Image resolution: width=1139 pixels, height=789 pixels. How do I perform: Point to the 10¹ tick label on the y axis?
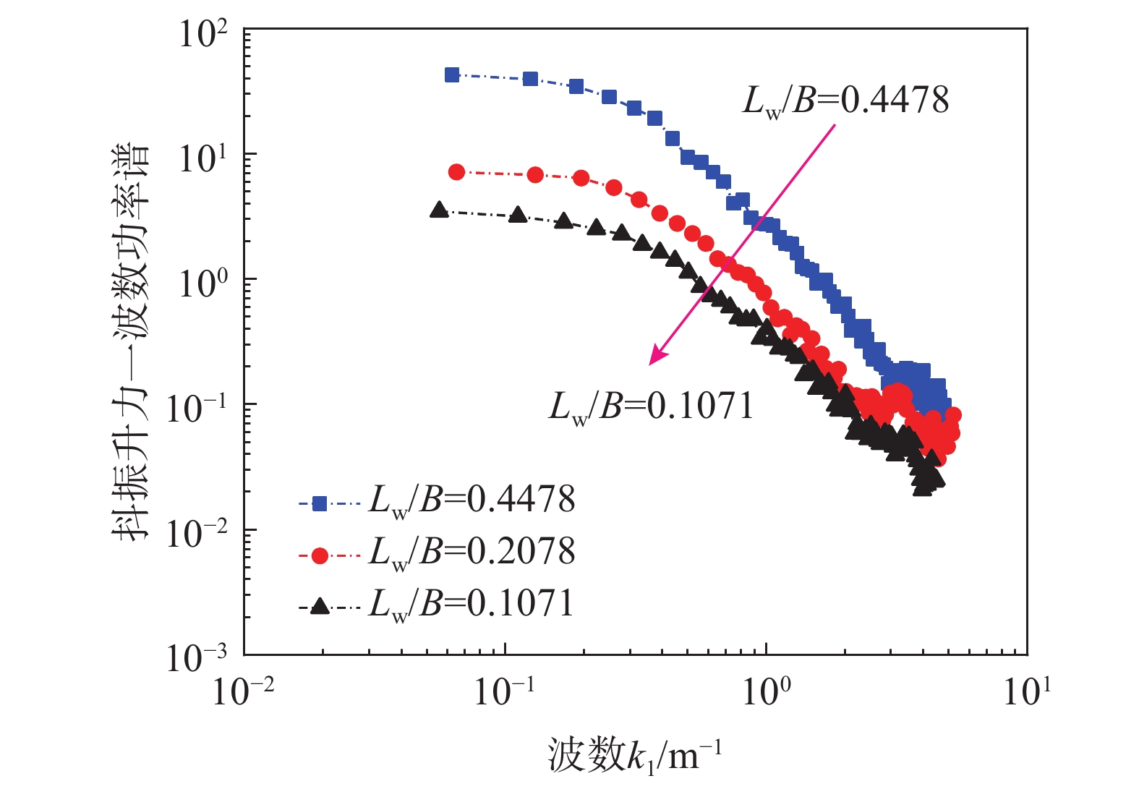tap(203, 158)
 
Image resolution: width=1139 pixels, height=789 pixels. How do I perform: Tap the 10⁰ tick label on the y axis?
tap(203, 283)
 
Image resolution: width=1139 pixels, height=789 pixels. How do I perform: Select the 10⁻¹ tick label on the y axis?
tap(196, 409)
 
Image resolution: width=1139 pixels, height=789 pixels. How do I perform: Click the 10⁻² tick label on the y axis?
tap(196, 534)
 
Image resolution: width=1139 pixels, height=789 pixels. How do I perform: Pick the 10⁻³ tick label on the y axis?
tap(196, 658)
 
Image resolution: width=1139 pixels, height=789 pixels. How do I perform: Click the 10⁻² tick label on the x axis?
tap(243, 691)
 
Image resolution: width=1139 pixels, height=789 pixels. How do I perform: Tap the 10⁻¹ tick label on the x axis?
tap(504, 691)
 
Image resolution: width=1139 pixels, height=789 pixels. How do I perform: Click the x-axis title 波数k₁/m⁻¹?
tap(634, 756)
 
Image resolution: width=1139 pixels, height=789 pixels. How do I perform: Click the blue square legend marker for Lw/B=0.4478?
tap(320, 503)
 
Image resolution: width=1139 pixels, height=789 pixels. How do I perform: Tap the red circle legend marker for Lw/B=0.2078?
tap(320, 555)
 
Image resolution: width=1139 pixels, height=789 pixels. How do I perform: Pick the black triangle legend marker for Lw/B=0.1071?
tap(320, 607)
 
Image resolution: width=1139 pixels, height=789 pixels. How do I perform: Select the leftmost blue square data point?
tap(452, 74)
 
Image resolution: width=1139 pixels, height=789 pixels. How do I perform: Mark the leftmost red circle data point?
tap(456, 171)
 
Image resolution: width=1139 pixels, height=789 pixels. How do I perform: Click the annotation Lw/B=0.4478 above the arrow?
tap(845, 101)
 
